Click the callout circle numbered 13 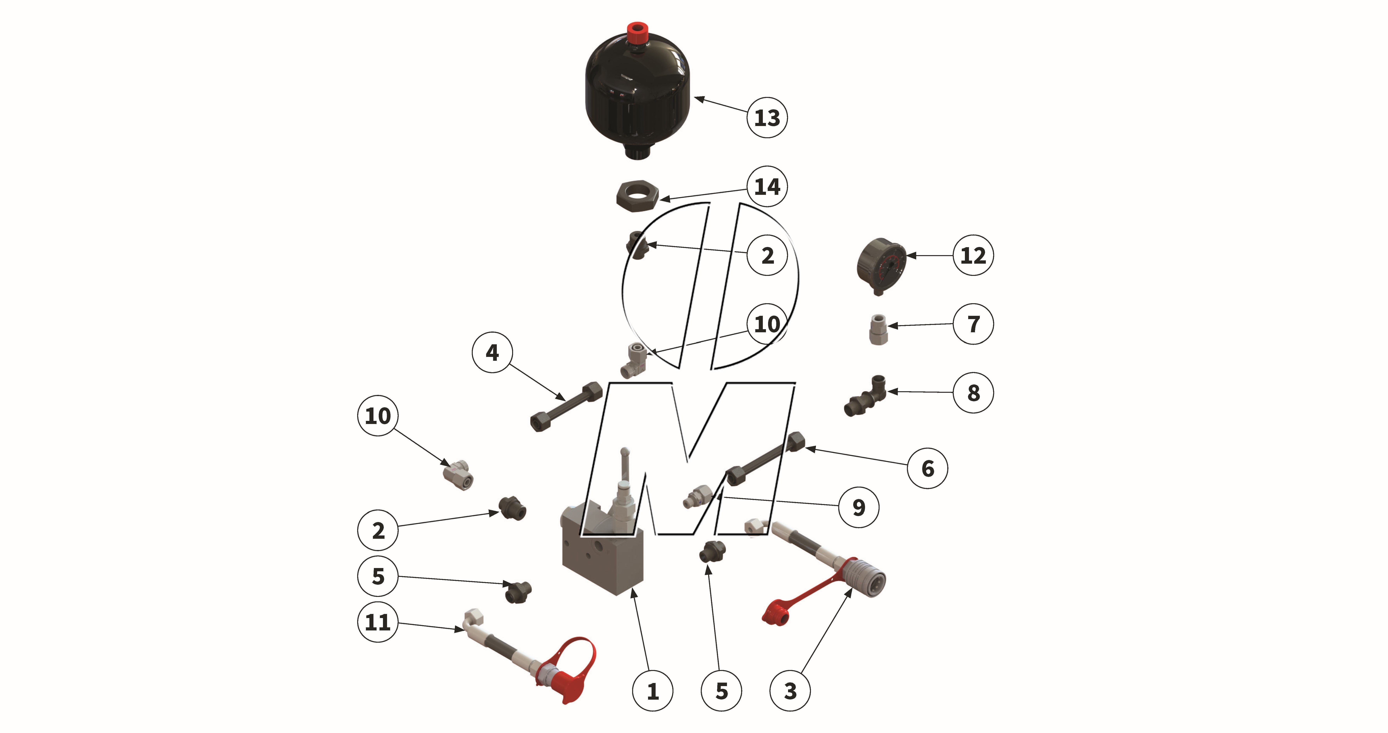coord(767,117)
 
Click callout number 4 coord(492,353)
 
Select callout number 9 coord(858,507)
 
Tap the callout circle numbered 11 coord(378,622)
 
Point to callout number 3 coord(790,691)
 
